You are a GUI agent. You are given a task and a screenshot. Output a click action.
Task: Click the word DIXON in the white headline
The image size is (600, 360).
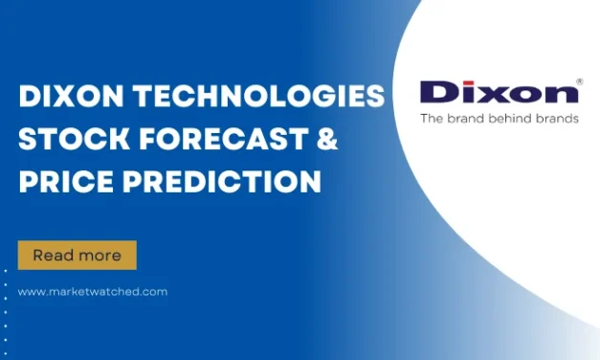click(64, 97)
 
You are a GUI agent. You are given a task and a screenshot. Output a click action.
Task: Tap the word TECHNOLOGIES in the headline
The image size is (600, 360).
click(252, 97)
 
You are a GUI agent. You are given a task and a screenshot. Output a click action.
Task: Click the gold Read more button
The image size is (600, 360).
click(77, 256)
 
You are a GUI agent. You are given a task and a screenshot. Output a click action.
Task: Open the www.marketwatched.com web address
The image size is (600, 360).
click(92, 292)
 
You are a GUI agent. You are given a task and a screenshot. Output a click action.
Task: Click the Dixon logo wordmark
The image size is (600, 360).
click(498, 92)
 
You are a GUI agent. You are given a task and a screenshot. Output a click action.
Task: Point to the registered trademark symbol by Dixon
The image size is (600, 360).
click(578, 81)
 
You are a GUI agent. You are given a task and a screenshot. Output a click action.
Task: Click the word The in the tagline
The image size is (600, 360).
click(432, 120)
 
